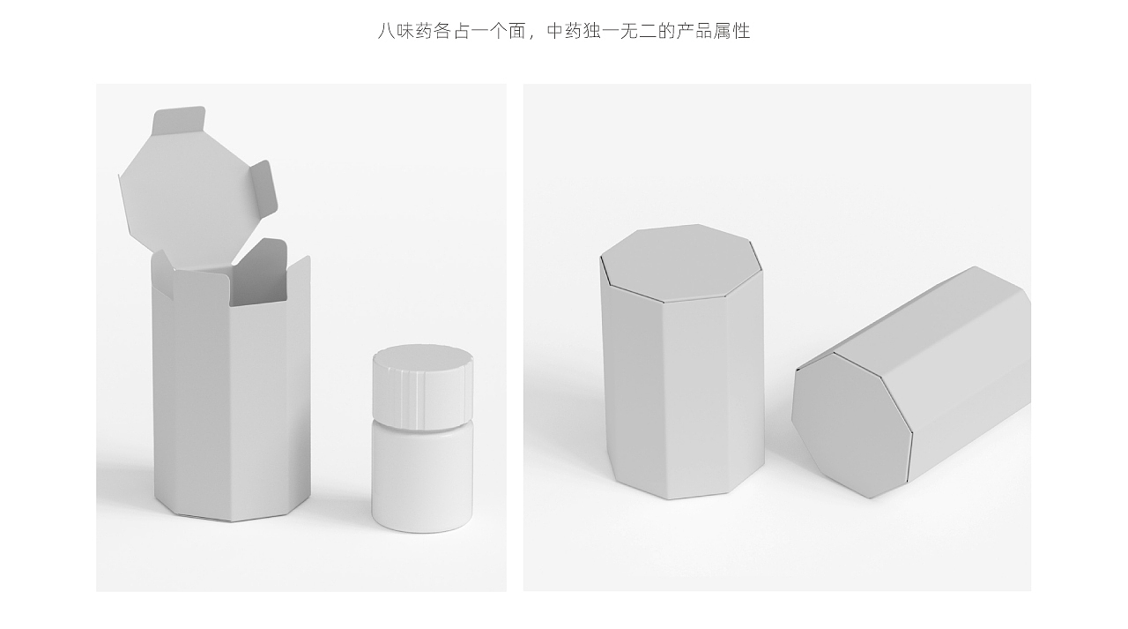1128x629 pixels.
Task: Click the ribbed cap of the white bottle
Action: tap(422, 387)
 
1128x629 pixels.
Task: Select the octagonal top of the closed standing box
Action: tap(681, 263)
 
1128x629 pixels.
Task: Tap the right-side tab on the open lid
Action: tap(263, 192)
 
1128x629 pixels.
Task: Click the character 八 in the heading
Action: tap(386, 31)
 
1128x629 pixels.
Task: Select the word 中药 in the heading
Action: tap(565, 31)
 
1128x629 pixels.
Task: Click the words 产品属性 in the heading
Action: tap(713, 31)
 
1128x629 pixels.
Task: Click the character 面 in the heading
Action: tap(516, 31)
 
